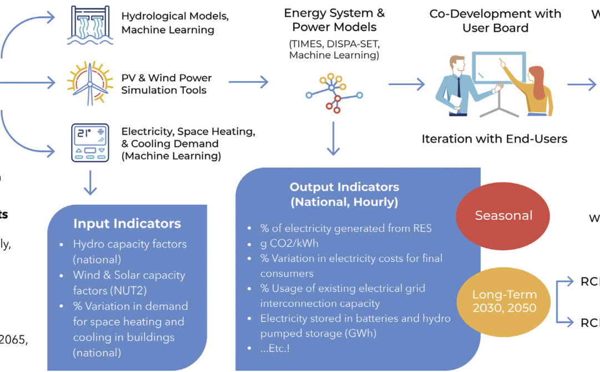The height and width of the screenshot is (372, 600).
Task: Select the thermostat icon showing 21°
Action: tap(89, 143)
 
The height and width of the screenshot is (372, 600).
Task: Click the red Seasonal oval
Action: tap(503, 216)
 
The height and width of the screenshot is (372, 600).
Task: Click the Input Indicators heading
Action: tap(127, 224)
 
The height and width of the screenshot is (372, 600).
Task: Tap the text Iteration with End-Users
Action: tap(494, 138)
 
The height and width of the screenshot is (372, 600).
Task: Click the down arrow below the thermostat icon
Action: tap(89, 182)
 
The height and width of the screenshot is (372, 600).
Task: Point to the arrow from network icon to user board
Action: tap(406, 84)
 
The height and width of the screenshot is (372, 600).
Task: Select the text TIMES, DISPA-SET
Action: tap(334, 43)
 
